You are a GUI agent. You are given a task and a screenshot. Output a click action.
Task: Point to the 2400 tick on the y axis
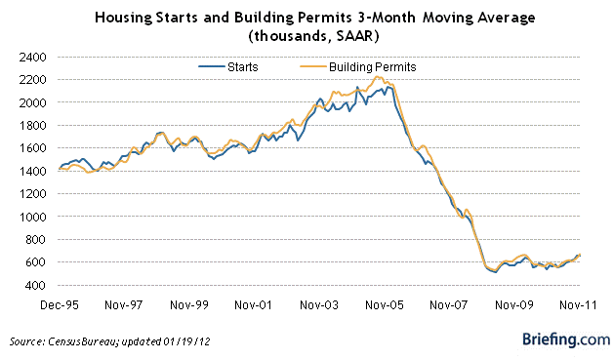tap(30, 57)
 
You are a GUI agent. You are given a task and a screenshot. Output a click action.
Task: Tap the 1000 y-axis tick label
tap(30, 217)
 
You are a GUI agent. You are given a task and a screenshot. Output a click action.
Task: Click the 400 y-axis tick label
tap(33, 285)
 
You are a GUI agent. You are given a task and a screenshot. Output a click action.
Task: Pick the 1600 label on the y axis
tap(30, 148)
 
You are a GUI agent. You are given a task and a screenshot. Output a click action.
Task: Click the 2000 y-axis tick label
tap(30, 102)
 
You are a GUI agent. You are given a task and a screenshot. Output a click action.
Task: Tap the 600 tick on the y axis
tap(33, 262)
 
